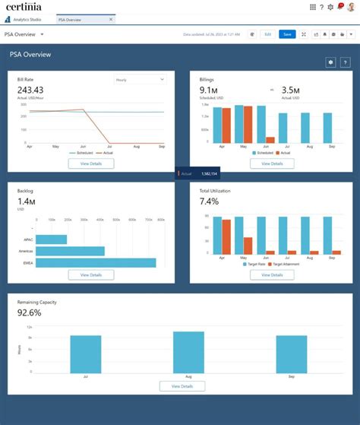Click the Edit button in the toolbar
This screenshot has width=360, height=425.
(267, 34)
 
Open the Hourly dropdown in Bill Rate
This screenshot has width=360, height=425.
(140, 79)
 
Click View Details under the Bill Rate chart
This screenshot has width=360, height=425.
(91, 163)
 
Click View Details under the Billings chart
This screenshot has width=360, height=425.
(271, 163)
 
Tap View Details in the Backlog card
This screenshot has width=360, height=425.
(91, 274)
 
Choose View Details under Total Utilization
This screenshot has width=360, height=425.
(271, 274)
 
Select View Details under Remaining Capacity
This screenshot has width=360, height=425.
(182, 386)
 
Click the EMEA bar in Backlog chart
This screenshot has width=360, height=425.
(96, 263)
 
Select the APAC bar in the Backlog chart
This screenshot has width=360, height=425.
(52, 239)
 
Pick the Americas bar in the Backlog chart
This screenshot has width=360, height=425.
(70, 251)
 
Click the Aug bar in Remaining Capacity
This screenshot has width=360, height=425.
(188, 350)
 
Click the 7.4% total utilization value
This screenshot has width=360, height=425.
(209, 201)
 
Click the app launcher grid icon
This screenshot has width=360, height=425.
(313, 7)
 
